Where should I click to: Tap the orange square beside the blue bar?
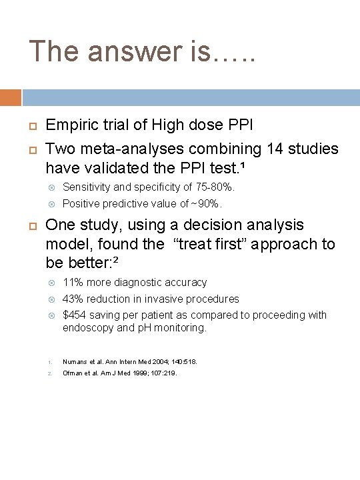(10, 97)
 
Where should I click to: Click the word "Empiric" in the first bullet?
(72, 125)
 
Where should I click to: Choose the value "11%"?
(72, 283)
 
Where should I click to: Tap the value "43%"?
(73, 299)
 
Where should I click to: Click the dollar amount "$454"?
(75, 315)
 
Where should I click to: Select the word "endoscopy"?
(85, 328)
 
